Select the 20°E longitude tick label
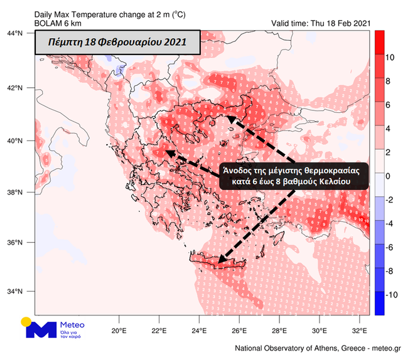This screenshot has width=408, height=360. pos(119,331)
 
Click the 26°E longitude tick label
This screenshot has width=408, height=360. pos(239,331)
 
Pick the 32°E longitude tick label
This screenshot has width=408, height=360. pos(358,331)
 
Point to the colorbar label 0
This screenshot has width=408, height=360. pos(389,176)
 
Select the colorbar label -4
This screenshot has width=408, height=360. pos(389,223)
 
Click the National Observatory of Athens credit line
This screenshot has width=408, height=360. pos(318,348)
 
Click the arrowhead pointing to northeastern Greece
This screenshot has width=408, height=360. pos(231,119)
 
